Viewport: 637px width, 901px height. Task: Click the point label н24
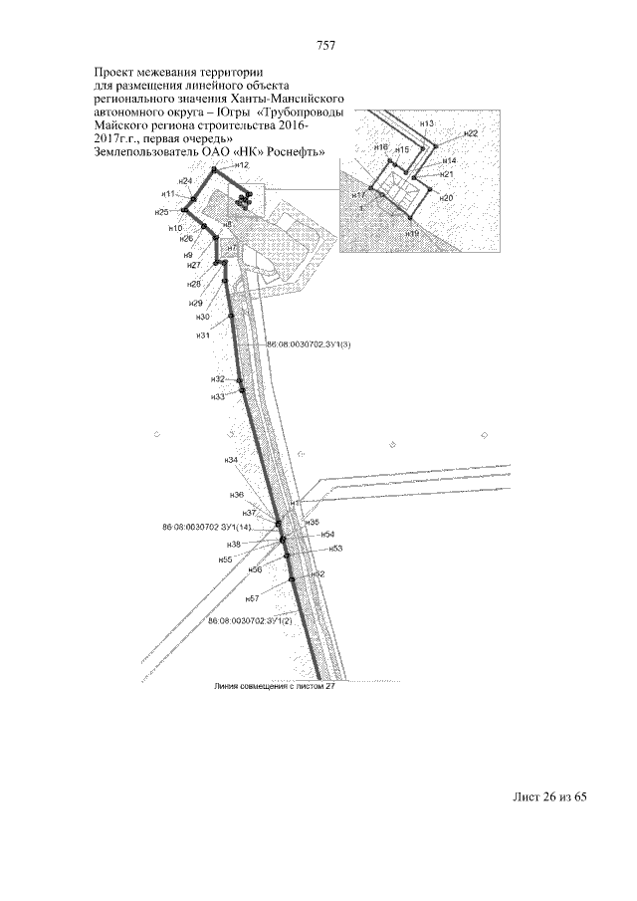185,181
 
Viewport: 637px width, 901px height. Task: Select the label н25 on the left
161,212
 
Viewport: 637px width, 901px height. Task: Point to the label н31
203,336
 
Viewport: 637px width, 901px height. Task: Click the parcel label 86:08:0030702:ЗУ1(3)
311,344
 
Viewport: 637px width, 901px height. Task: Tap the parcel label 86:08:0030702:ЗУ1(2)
250,620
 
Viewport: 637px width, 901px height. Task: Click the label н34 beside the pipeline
231,460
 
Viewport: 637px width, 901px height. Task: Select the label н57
252,598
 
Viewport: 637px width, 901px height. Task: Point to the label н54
327,535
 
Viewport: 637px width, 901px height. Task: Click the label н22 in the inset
471,133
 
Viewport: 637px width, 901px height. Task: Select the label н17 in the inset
358,194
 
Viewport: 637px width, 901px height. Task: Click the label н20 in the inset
446,198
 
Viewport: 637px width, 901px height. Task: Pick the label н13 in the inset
427,122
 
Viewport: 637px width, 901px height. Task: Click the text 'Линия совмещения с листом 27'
270,686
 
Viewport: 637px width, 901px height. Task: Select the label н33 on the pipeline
218,396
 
